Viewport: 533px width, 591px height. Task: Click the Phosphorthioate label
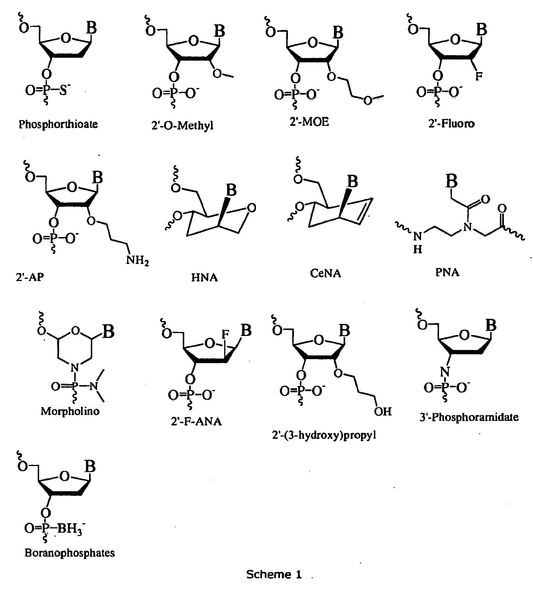[x=58, y=125]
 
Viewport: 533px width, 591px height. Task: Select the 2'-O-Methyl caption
[x=183, y=126]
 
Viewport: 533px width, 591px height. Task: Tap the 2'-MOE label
[x=310, y=122]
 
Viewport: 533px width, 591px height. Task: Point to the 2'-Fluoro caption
[x=451, y=124]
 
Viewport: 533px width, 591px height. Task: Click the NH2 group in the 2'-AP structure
[x=137, y=260]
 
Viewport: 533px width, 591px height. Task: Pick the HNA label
[x=205, y=277]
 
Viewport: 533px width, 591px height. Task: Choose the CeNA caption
[x=325, y=273]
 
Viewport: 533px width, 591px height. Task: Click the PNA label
[x=447, y=272]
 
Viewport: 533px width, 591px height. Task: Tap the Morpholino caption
[x=70, y=411]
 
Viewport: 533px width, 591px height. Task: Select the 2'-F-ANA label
[x=196, y=421]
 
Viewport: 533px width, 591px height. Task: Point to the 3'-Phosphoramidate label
[x=469, y=417]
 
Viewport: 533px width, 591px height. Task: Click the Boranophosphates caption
[x=70, y=553]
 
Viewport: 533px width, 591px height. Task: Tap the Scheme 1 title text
[x=274, y=574]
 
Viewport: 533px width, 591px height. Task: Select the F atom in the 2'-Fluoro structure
[x=479, y=77]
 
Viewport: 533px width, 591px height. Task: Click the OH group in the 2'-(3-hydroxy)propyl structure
[x=383, y=412]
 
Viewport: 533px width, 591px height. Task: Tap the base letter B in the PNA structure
[x=451, y=181]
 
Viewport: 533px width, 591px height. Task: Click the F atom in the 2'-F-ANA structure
[x=225, y=334]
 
